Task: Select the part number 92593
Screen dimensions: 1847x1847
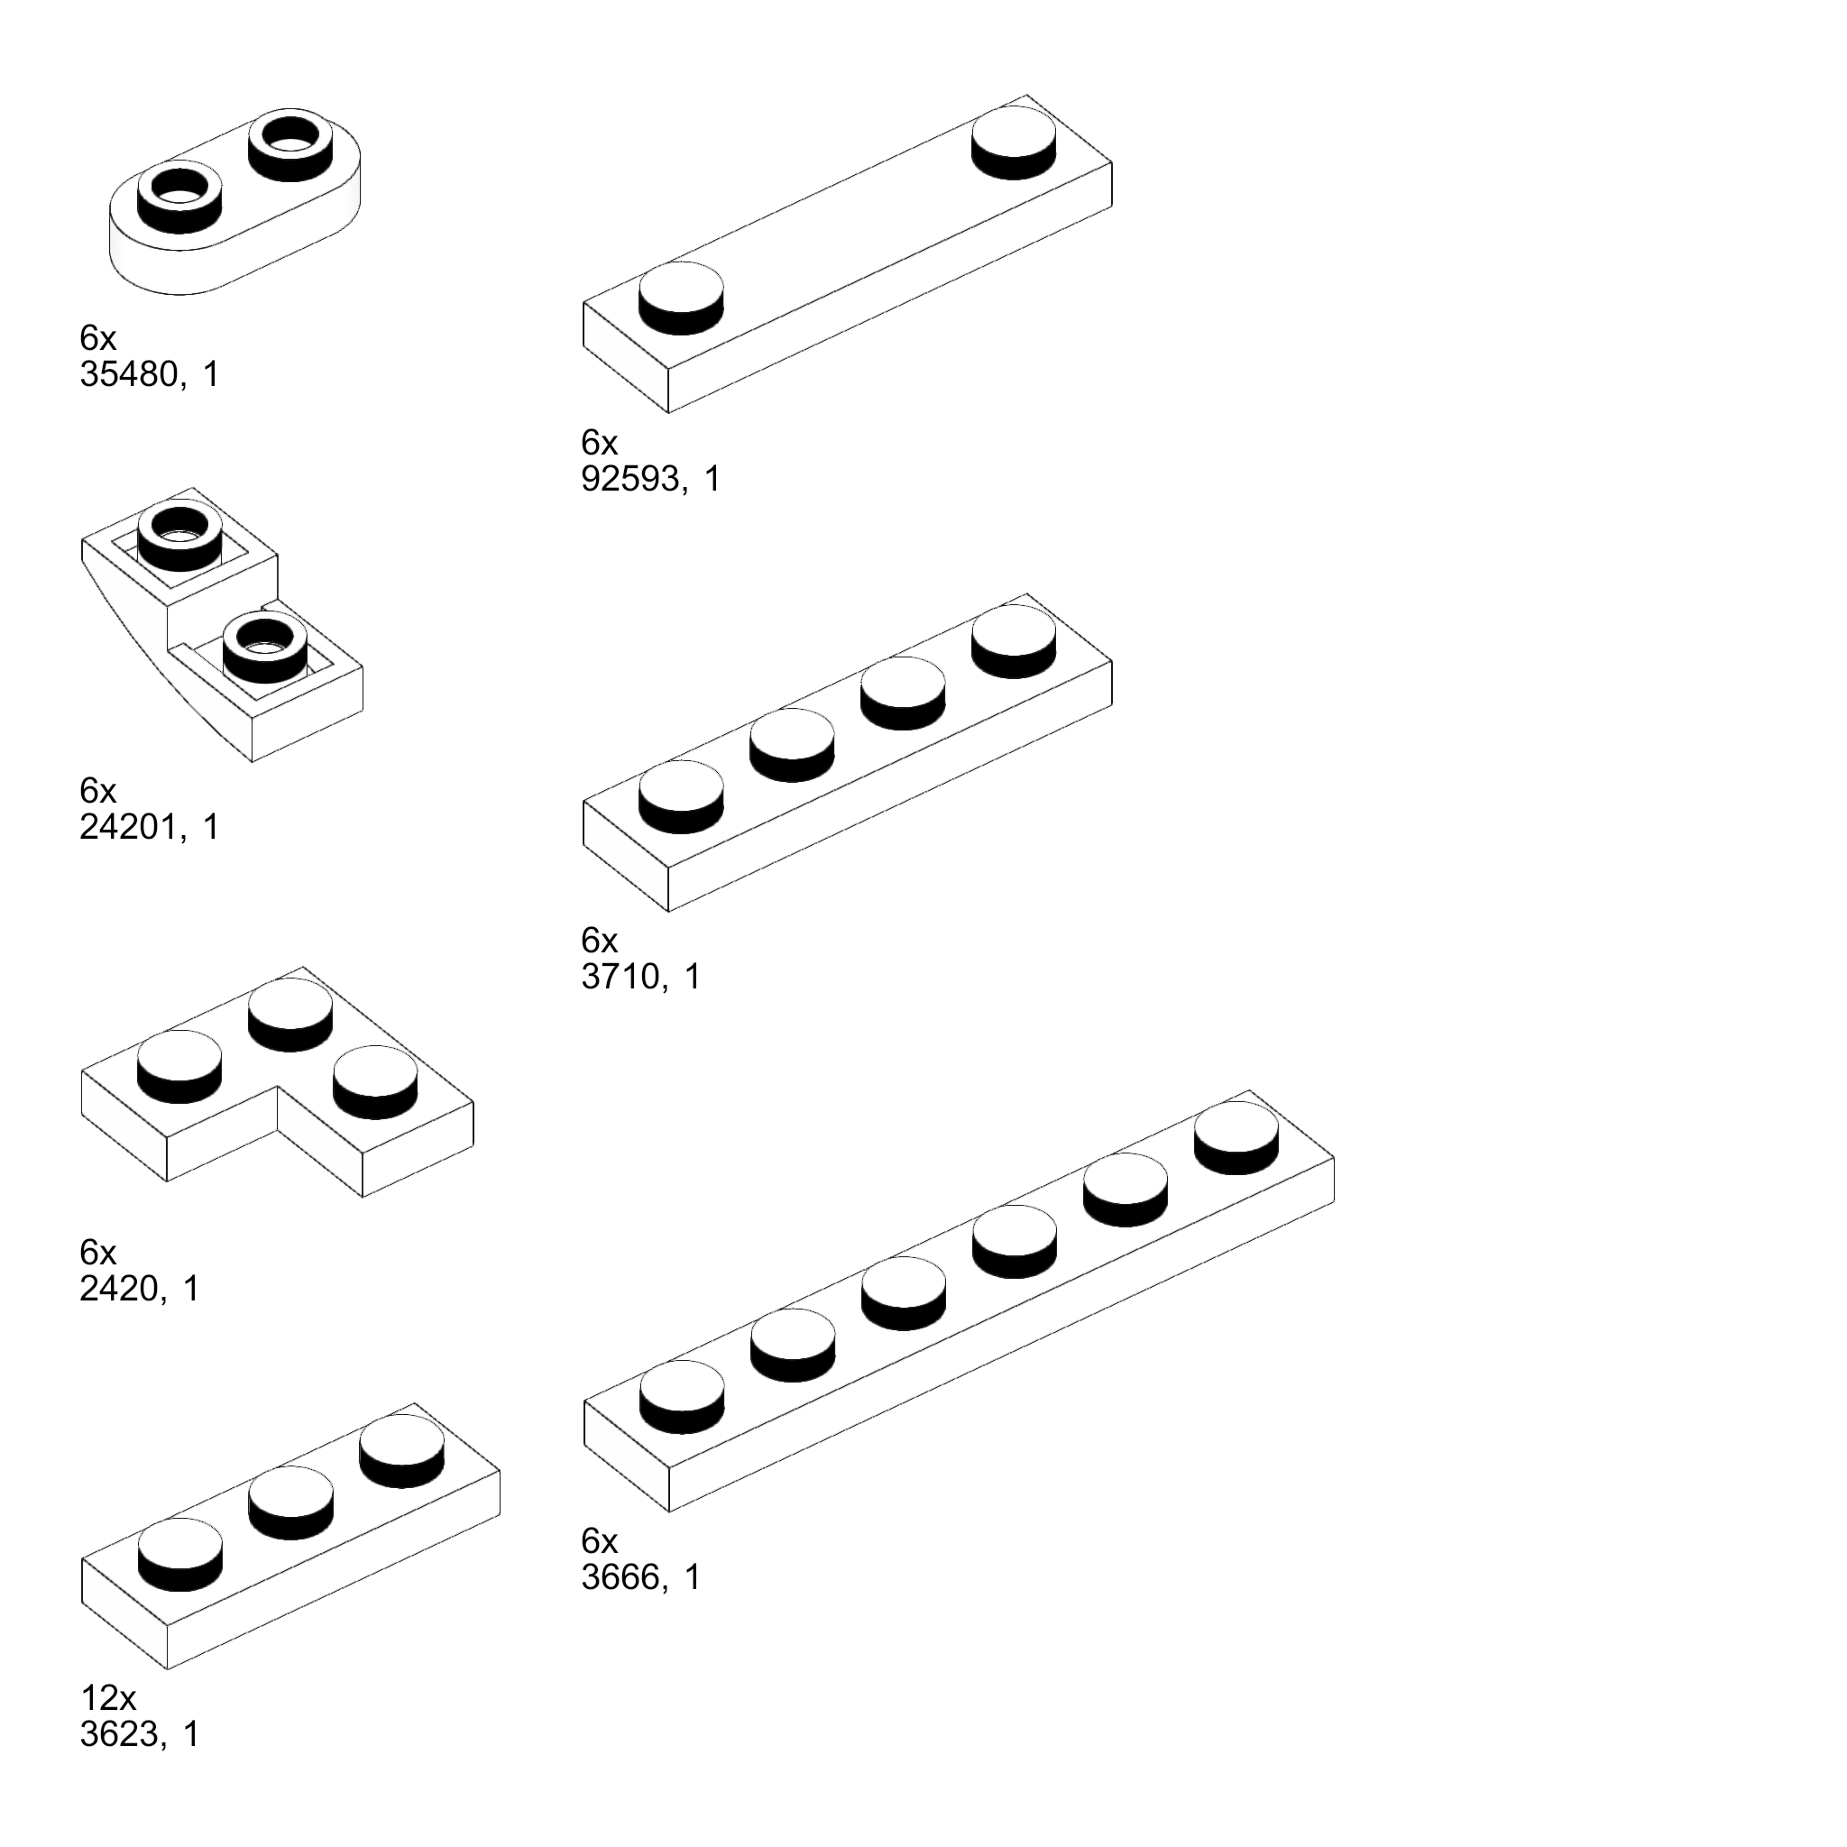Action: pyautogui.click(x=630, y=479)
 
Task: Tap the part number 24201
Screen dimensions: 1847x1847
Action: pyautogui.click(x=129, y=827)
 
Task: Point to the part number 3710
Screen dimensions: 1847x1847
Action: pyautogui.click(x=620, y=977)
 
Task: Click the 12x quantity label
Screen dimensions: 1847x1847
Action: pyautogui.click(x=108, y=1698)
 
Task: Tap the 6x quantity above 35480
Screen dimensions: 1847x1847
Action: pyautogui.click(x=97, y=338)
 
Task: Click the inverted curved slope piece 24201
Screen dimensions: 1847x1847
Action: pyautogui.click(x=220, y=650)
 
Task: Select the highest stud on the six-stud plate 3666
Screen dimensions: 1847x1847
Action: pyautogui.click(x=1236, y=1136)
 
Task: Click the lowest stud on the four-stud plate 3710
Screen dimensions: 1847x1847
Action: pyautogui.click(x=681, y=795)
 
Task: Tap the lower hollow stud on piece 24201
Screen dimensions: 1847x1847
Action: pyautogui.click(x=265, y=648)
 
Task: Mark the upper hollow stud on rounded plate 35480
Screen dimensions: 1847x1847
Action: pyautogui.click(x=290, y=145)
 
